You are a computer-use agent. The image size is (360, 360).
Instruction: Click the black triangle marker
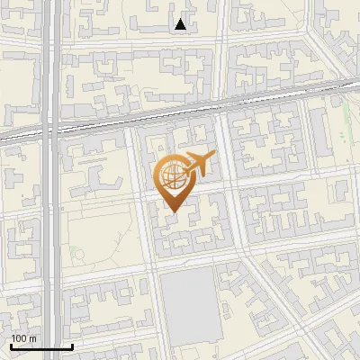[181, 24]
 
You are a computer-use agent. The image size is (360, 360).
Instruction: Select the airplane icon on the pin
[200, 164]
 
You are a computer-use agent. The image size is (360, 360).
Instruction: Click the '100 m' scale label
[23, 338]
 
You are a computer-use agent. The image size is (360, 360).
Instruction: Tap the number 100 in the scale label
[19, 338]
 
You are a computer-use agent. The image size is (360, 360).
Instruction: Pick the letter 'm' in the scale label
[32, 338]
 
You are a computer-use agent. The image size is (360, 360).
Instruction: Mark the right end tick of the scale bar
[72, 345]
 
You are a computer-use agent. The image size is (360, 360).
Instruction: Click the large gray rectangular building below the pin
[189, 301]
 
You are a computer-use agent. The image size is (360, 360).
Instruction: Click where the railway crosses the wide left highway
[53, 127]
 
